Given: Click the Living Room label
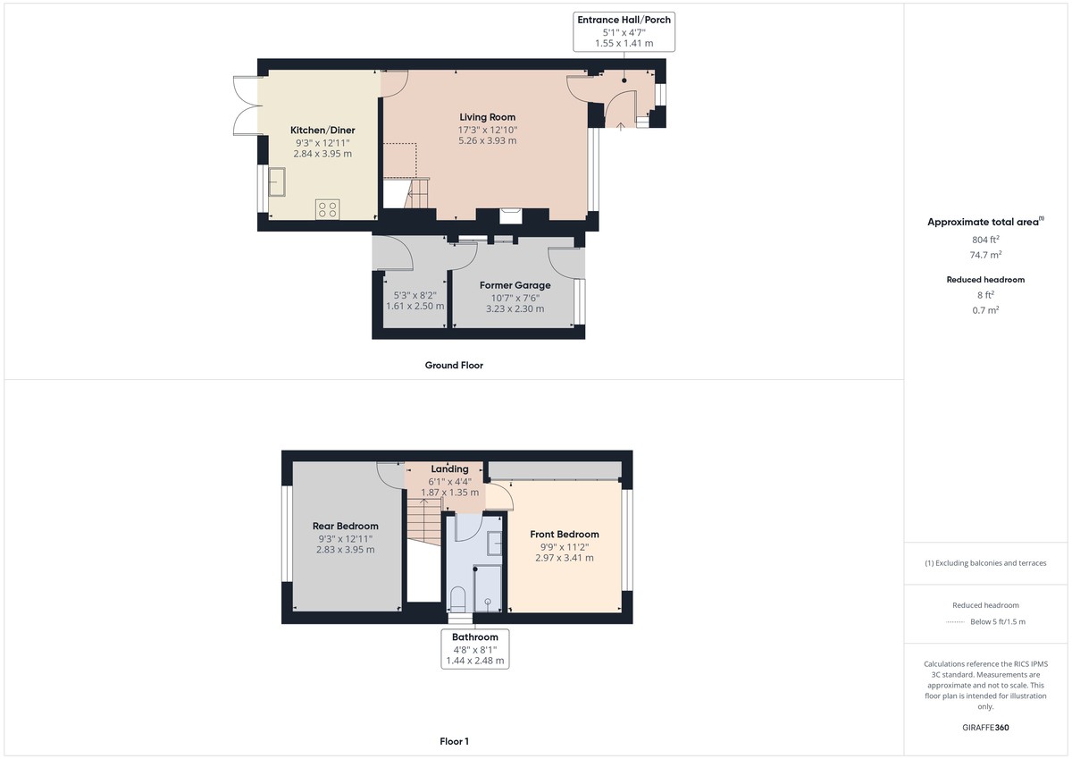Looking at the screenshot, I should (487, 117).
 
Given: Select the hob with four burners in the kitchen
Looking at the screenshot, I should (327, 209).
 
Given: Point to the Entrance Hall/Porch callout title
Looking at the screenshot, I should (624, 20).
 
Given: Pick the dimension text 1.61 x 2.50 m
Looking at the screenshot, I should (415, 306).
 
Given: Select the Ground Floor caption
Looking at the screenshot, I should (454, 365).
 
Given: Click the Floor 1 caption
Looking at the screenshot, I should (454, 741).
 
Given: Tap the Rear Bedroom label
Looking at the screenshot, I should (345, 526).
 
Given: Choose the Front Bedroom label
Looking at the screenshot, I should (565, 535).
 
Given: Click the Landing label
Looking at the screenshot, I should (449, 468).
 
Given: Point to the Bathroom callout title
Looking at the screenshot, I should (475, 637).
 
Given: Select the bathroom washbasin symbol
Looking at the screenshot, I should (494, 543).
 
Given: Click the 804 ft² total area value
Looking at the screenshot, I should (985, 240).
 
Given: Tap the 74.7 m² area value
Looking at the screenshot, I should (985, 254).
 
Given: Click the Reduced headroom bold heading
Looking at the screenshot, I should (985, 280).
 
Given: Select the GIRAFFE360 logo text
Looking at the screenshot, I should (985, 728).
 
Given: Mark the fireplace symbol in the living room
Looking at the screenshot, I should (512, 214).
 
